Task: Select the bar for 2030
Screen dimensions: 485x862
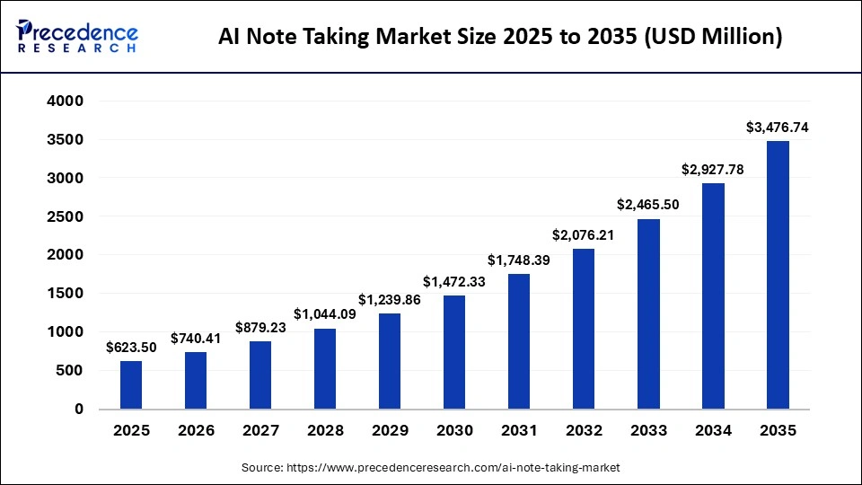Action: (x=454, y=352)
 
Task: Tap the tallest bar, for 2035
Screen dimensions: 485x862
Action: (x=778, y=275)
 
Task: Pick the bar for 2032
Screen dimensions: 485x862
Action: (x=584, y=329)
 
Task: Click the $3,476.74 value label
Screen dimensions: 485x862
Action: (x=778, y=128)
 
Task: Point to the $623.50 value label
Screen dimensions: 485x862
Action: (x=131, y=347)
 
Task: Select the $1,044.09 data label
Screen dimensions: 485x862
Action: (x=325, y=314)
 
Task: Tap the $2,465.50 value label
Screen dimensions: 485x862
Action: (x=648, y=205)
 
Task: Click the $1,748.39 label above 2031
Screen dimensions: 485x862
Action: (x=519, y=260)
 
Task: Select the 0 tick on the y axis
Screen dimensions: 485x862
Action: (x=78, y=409)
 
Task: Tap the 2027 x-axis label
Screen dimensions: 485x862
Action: (x=260, y=431)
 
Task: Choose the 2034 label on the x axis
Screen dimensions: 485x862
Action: (x=713, y=431)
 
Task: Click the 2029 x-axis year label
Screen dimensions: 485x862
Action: (x=390, y=431)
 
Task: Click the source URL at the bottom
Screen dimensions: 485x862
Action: (x=431, y=468)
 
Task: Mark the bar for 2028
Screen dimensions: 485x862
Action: (x=325, y=368)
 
